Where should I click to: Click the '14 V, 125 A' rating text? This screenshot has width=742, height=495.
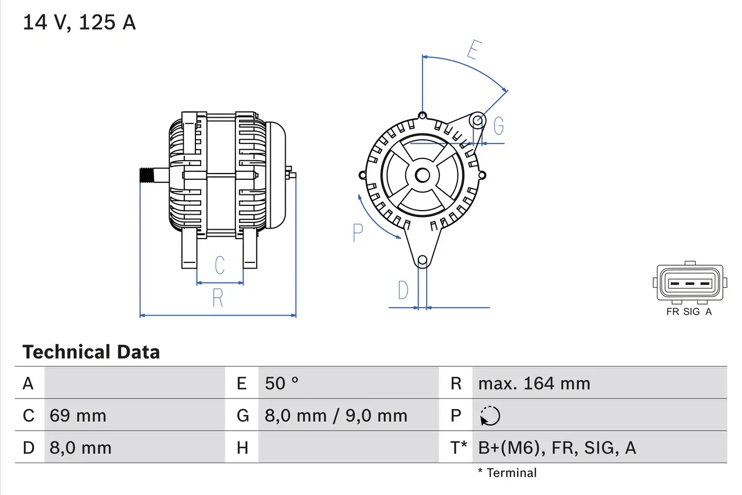(x=79, y=23)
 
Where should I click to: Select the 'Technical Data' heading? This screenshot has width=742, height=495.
(x=91, y=352)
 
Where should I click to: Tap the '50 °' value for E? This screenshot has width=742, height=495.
(x=282, y=383)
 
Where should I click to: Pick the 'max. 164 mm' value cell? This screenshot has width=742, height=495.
(x=534, y=383)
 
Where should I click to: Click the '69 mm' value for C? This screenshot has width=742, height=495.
(x=78, y=415)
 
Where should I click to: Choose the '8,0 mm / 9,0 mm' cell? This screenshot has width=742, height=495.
(x=336, y=415)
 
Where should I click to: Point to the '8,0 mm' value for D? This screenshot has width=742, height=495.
(x=80, y=447)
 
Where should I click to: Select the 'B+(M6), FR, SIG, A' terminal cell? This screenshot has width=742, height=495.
(x=556, y=447)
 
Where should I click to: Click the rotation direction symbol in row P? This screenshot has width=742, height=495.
(x=490, y=415)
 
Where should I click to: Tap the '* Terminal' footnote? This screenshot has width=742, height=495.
(x=507, y=472)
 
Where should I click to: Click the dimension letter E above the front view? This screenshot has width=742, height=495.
(x=474, y=50)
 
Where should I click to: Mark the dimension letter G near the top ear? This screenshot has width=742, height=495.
(x=498, y=125)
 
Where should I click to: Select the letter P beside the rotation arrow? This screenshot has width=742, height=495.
(x=358, y=233)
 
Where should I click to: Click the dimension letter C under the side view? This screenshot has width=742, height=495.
(x=219, y=265)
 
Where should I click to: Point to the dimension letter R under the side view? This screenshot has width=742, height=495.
(x=217, y=298)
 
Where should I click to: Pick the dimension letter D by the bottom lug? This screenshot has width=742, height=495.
(x=403, y=290)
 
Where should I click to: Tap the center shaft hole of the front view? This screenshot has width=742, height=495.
(x=423, y=175)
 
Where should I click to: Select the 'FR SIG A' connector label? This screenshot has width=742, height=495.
(x=689, y=312)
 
